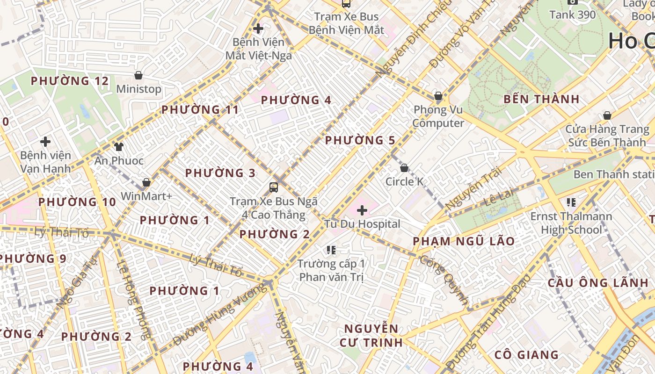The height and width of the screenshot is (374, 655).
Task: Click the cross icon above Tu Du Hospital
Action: pyautogui.click(x=362, y=210)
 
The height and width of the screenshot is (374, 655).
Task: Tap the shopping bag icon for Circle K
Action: pyautogui.click(x=404, y=167)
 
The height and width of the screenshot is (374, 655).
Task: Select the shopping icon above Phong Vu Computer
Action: pyautogui.click(x=438, y=96)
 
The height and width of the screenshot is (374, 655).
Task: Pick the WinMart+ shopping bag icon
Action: pyautogui.click(x=146, y=182)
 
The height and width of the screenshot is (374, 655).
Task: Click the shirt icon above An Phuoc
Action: pyautogui.click(x=119, y=147)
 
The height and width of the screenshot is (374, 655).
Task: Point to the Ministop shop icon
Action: pyautogui.click(x=138, y=75)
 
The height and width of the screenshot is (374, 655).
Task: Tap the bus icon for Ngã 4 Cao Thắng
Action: pyautogui.click(x=274, y=187)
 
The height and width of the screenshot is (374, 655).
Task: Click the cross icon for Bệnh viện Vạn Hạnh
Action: pyautogui.click(x=45, y=141)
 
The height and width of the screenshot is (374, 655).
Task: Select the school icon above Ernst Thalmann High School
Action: pyautogui.click(x=571, y=202)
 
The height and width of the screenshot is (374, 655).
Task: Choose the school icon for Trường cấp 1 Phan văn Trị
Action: pyautogui.click(x=331, y=250)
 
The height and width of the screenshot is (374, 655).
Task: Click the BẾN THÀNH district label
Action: pyautogui.click(x=541, y=99)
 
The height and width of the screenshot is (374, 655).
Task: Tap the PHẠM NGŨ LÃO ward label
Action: pyautogui.click(x=464, y=241)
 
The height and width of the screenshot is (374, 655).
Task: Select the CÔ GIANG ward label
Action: pyautogui.click(x=526, y=355)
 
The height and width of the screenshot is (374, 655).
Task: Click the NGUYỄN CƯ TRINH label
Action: pyautogui.click(x=371, y=335)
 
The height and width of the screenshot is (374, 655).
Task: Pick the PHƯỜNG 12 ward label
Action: pyautogui.click(x=70, y=81)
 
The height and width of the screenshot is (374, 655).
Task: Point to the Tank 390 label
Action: pyautogui.click(x=573, y=14)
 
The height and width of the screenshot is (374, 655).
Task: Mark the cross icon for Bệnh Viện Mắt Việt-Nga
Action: pyautogui.click(x=258, y=29)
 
